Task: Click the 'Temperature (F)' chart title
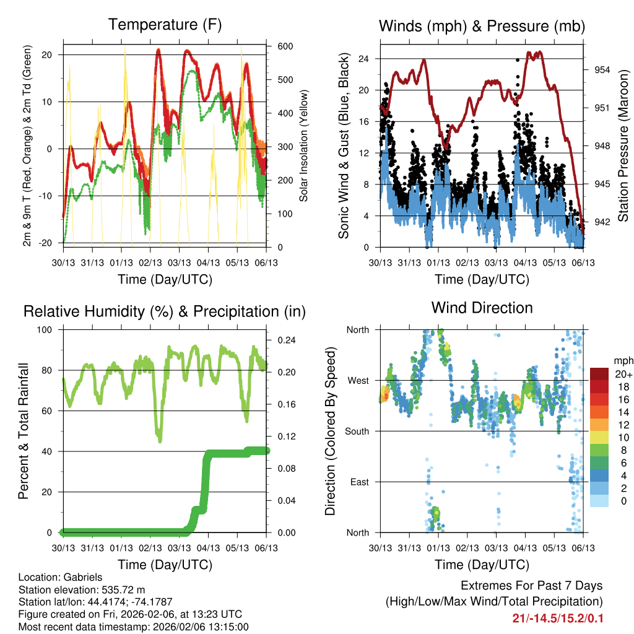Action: click(164, 25)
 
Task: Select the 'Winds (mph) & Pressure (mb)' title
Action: click(482, 26)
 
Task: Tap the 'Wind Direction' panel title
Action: click(482, 308)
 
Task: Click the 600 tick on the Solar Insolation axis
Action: click(285, 46)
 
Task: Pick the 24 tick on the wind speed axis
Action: click(363, 59)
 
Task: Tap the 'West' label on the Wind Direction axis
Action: click(358, 380)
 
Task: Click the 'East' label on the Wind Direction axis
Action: click(359, 482)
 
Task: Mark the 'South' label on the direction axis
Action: click(357, 431)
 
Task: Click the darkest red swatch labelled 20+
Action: click(600, 374)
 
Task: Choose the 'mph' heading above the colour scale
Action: click(622, 360)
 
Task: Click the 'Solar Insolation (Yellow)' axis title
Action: click(303, 147)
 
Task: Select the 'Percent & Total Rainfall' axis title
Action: click(22, 431)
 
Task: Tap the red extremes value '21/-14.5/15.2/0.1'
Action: click(557, 619)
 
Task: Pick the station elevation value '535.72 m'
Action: click(124, 589)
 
